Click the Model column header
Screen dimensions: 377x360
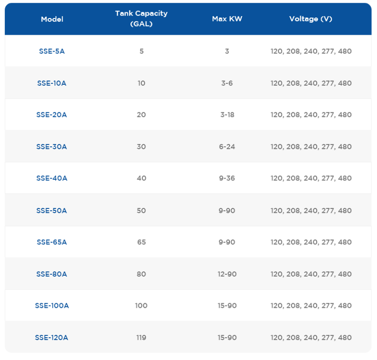click(52, 19)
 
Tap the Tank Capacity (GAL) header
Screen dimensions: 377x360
click(141, 18)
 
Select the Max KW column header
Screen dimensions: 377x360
click(227, 19)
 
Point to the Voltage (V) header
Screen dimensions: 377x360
click(311, 19)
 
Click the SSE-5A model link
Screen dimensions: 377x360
click(52, 51)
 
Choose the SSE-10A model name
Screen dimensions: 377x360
click(52, 83)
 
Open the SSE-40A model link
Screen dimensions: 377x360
click(52, 178)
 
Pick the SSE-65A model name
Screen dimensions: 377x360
click(52, 242)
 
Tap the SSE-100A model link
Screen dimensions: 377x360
click(52, 306)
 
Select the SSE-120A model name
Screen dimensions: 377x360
click(52, 337)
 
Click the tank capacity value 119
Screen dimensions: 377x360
click(141, 337)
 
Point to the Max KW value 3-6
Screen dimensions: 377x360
click(227, 83)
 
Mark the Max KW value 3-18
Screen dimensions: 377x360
click(227, 115)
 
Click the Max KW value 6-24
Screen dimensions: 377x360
click(227, 146)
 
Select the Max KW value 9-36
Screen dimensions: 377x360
click(227, 178)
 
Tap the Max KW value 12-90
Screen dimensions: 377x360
click(227, 274)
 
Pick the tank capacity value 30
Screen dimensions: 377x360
click(141, 146)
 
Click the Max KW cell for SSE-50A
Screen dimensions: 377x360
click(227, 211)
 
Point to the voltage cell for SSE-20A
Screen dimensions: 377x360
click(311, 115)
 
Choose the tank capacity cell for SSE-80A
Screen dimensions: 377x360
click(141, 274)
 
